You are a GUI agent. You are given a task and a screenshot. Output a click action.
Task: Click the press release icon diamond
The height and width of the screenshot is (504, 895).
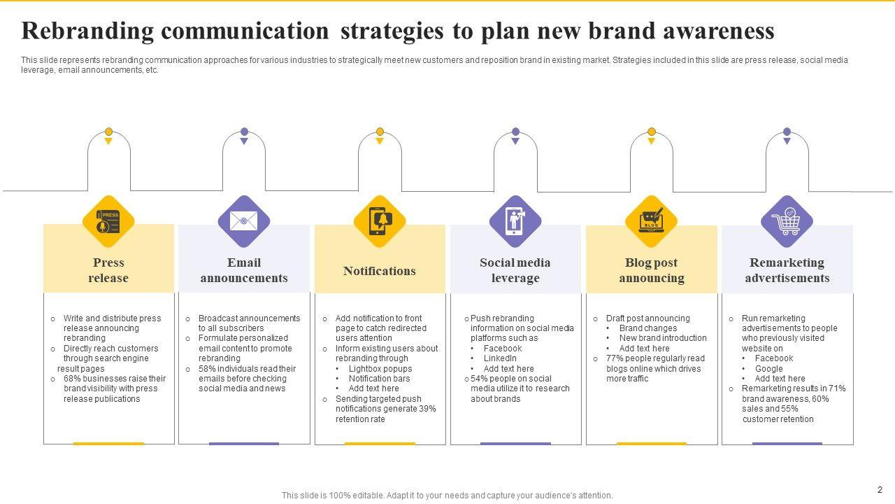pos(108,221)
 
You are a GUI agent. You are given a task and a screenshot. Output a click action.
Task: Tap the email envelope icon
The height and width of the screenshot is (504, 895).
pos(244,221)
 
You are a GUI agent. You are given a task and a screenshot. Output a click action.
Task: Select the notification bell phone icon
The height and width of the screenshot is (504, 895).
pos(380,221)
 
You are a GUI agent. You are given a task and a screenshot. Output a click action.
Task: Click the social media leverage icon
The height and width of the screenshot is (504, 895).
pos(515,221)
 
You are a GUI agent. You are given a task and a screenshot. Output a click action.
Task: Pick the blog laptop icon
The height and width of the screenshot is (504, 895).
pos(651,221)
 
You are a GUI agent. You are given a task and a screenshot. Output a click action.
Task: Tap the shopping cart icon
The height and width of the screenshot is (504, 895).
pos(787,221)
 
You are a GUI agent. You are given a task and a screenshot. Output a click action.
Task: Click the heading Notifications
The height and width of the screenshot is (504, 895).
pos(380,271)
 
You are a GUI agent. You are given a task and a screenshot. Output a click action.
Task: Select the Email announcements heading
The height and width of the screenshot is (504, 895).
pos(244,270)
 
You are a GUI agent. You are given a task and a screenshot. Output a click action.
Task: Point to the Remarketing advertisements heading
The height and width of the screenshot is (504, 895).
pos(787,270)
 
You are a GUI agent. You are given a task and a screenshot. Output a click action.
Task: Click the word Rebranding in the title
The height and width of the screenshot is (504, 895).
pos(87,31)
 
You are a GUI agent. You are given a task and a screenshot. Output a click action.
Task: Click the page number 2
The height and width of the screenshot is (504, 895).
pos(880,490)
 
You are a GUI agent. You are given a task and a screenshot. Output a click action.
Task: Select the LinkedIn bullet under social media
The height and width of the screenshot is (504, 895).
pos(500,358)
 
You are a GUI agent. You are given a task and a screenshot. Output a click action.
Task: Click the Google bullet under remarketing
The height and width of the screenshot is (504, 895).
pos(768,369)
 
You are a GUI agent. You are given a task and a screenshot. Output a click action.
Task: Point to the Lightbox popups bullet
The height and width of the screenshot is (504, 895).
pos(380,369)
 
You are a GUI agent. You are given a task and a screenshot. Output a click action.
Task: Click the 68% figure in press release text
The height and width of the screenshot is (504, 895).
pos(73,379)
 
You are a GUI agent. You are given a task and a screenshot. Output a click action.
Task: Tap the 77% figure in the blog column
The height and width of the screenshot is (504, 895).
pos(615,358)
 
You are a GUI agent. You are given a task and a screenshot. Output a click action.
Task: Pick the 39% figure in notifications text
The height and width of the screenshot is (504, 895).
pos(427,409)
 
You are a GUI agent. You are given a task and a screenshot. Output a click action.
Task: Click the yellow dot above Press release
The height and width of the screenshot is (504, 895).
pos(108,132)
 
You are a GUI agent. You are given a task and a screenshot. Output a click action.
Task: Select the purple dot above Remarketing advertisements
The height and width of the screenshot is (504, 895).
pos(787,132)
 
